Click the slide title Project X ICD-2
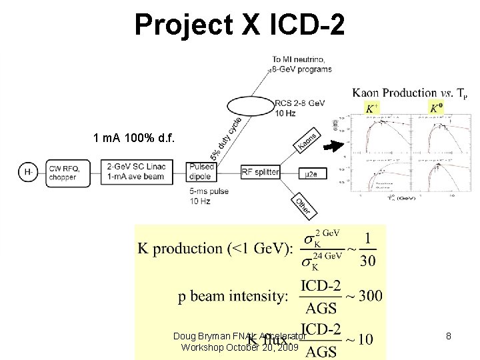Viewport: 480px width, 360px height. point(239,25)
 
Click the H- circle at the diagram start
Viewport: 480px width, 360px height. point(28,172)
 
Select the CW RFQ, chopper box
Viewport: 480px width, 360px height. point(65,172)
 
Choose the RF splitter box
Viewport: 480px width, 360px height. point(260,172)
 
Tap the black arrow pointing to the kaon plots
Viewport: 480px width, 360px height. point(333,147)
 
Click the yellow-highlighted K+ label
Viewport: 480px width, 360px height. point(372,108)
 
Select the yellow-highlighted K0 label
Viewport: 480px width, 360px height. point(436,108)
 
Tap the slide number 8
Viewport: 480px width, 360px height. point(449,337)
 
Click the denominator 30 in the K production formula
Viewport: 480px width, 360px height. point(367,260)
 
